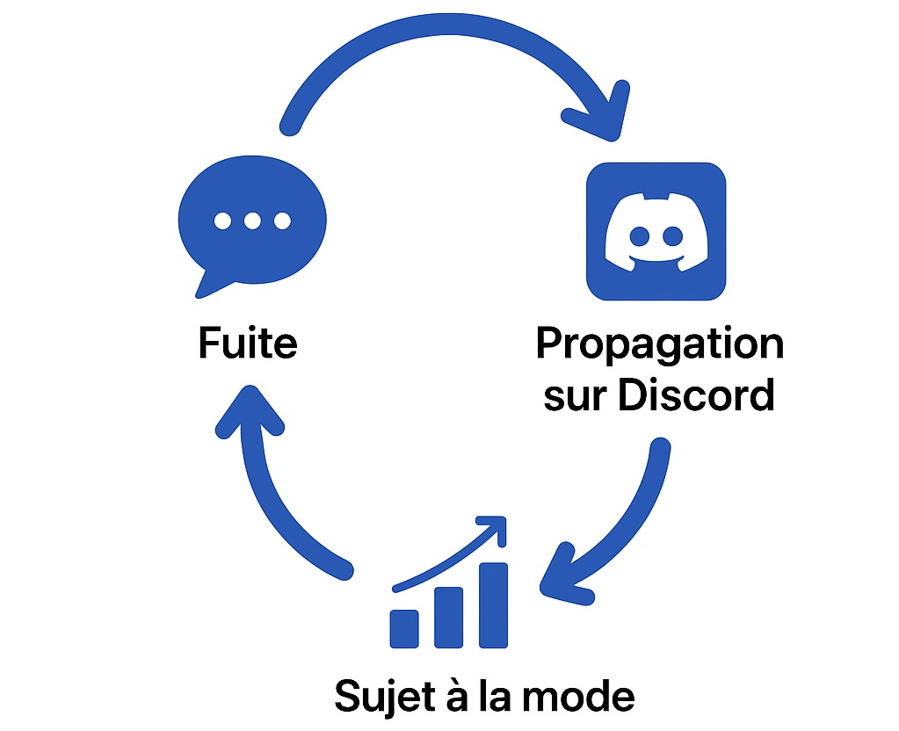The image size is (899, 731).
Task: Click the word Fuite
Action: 248,344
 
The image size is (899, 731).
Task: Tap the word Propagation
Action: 659,345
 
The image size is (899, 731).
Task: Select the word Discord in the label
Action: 695,395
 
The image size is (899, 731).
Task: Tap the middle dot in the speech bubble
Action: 252,221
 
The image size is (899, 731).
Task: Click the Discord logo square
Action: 656,231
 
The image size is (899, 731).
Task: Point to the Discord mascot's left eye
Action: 640,236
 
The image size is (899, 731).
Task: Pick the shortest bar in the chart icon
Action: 404,627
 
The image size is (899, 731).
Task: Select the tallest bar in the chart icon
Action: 493,604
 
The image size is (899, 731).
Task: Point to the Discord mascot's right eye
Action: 672,236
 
